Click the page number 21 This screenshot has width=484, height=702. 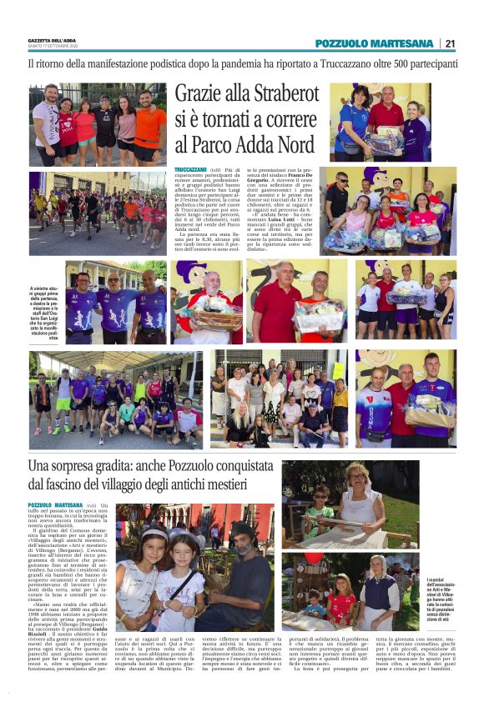pyautogui.click(x=450, y=43)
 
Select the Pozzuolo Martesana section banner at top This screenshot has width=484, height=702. pyautogui.click(x=374, y=43)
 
